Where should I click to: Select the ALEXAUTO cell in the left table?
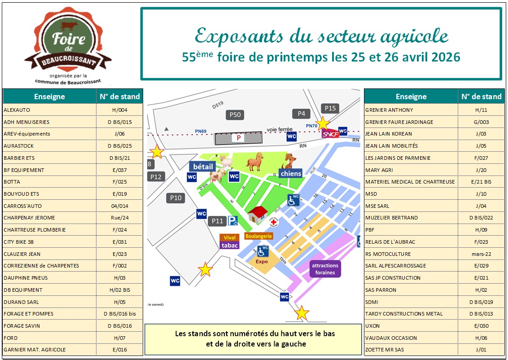(17, 110)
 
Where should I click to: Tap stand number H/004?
(120, 110)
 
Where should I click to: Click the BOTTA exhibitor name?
(12, 182)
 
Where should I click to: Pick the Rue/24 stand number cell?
(120, 218)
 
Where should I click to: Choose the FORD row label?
(11, 338)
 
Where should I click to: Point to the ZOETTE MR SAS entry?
(385, 350)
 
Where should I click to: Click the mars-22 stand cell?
(481, 254)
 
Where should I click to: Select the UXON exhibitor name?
(372, 325)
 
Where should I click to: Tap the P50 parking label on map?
(235, 115)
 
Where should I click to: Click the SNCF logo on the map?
(330, 133)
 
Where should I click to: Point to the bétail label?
(202, 167)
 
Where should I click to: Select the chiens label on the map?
(290, 173)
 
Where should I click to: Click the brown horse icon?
(255, 162)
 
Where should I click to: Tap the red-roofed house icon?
(258, 215)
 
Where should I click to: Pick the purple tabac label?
(230, 245)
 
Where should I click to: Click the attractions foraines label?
(325, 269)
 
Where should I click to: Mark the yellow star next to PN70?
(323, 123)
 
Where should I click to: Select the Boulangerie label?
(258, 236)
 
